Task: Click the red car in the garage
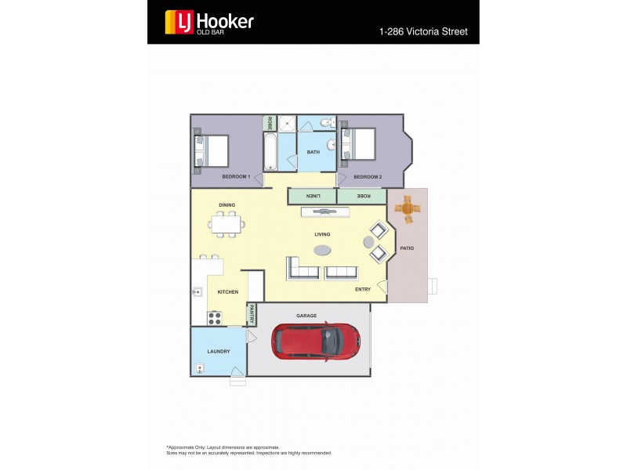317,340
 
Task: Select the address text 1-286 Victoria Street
422,32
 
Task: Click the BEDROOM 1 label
236,177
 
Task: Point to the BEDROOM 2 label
368,177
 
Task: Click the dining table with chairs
227,225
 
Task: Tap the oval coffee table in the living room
322,251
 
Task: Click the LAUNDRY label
219,352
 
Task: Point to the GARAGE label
306,316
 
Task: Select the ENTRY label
363,290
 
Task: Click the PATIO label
407,248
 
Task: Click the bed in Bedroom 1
213,152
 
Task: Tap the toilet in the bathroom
331,122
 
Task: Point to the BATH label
313,152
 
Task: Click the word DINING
227,205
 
